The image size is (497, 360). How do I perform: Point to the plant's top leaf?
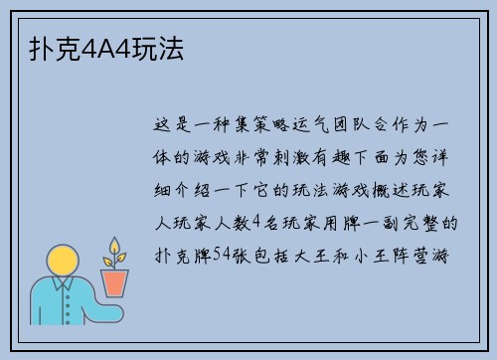pos(115,243)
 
